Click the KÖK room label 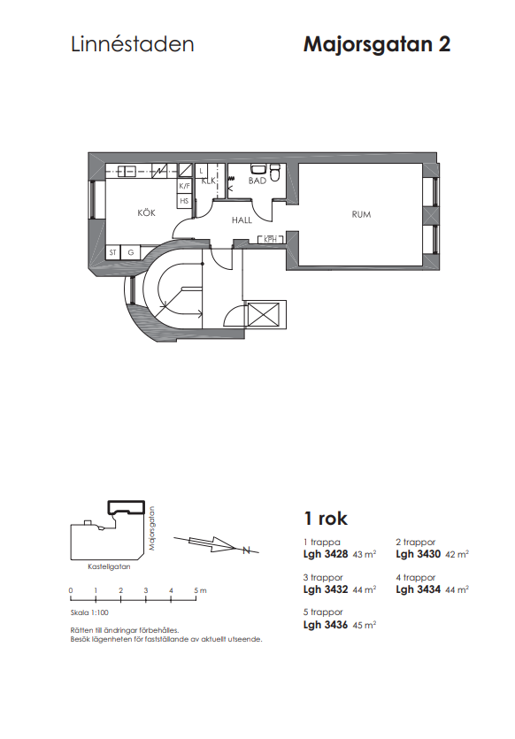point(146,213)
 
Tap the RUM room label point(361,214)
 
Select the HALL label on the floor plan point(242,220)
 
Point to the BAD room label point(257,181)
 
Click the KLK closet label point(208,181)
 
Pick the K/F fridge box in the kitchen point(184,186)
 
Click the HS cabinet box point(184,201)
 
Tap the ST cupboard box point(112,252)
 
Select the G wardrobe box point(130,252)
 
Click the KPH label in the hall point(270,240)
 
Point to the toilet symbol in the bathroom point(274,173)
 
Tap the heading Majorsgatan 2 point(377,44)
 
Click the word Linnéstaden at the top point(133,44)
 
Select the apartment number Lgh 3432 point(326,589)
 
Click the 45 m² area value point(365,625)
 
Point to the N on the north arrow point(246,550)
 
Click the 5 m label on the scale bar point(200,590)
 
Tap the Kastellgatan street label point(109,566)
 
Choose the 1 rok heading point(326,519)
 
